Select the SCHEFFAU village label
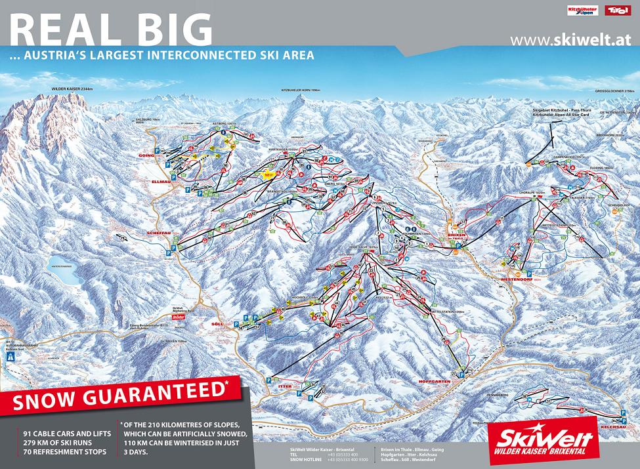156,233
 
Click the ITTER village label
286,386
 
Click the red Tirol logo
615,10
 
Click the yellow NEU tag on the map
267,175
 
